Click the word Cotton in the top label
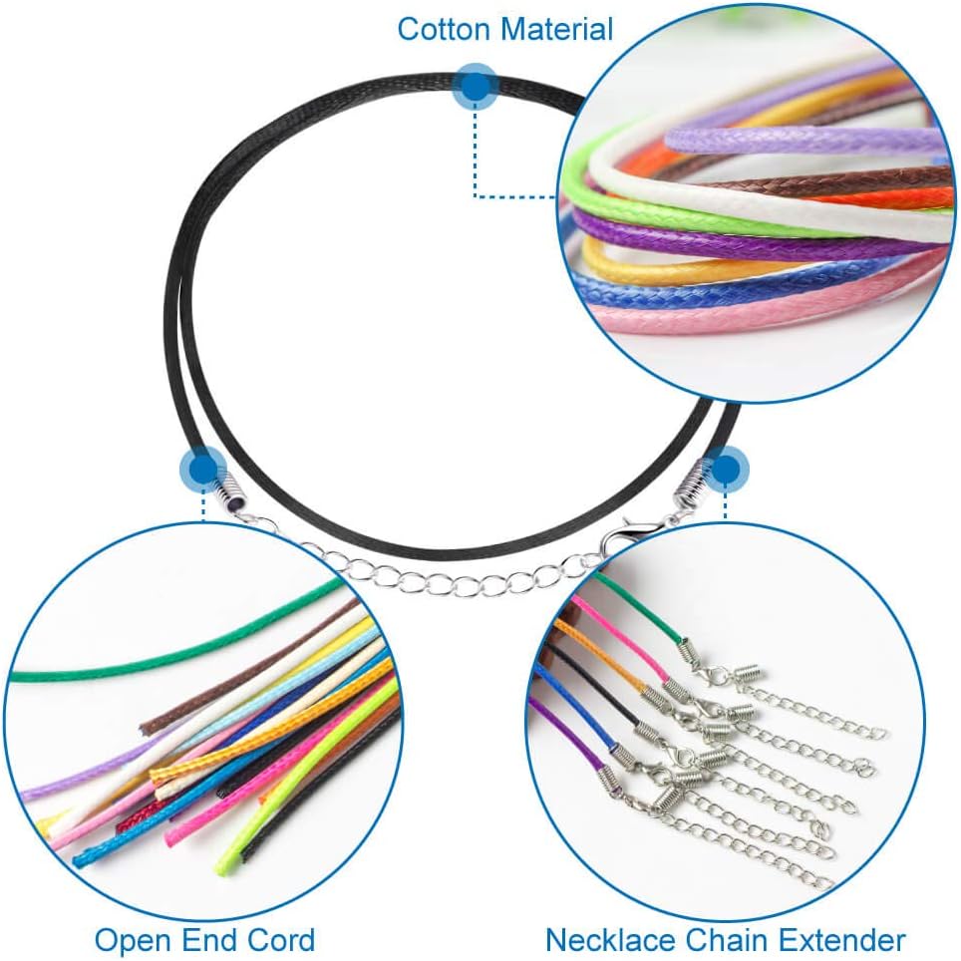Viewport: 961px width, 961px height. (444, 29)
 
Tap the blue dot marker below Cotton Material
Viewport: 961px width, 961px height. (476, 87)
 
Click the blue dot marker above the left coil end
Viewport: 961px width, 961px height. (204, 468)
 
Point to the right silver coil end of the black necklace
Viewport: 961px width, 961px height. (690, 491)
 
